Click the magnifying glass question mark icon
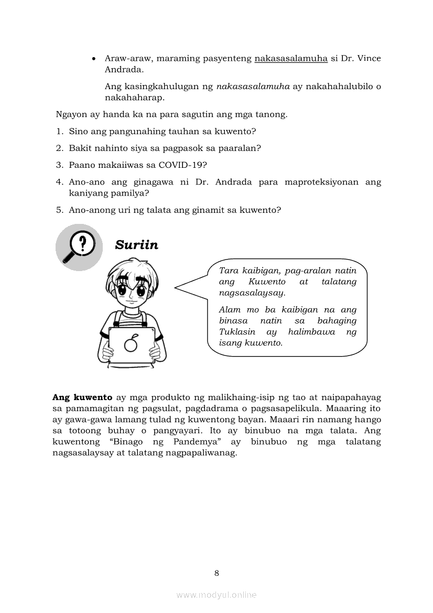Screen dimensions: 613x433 point(79,246)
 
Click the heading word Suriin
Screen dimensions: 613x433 point(136,245)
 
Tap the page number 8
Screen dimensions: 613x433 point(216,573)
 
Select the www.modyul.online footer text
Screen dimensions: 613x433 point(216,595)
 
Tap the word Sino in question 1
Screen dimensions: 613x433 point(77,131)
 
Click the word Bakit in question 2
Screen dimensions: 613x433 point(79,148)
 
